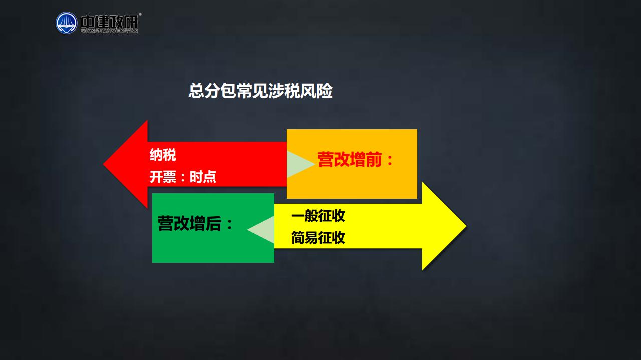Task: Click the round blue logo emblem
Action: [x=67, y=23]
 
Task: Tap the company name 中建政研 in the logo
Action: [x=109, y=22]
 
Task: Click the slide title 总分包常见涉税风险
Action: [x=260, y=91]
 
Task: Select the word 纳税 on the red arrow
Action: [x=163, y=155]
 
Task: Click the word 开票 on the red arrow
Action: [x=163, y=177]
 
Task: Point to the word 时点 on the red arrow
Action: [x=203, y=177]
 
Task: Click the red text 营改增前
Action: [x=350, y=159]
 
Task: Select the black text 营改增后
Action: [x=189, y=223]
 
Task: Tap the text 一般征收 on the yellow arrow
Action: [x=318, y=216]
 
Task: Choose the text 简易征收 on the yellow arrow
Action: [x=318, y=238]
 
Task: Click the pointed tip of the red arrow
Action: [x=104, y=164]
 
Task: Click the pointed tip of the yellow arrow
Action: [x=466, y=226]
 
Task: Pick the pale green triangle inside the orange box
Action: [x=297, y=164]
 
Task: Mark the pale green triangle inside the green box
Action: [x=263, y=230]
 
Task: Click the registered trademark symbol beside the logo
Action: [x=140, y=14]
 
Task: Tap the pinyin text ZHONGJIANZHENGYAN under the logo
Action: [x=109, y=31]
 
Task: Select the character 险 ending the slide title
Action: [x=325, y=91]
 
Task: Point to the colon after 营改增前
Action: [x=390, y=160]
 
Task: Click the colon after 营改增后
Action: [x=229, y=224]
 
